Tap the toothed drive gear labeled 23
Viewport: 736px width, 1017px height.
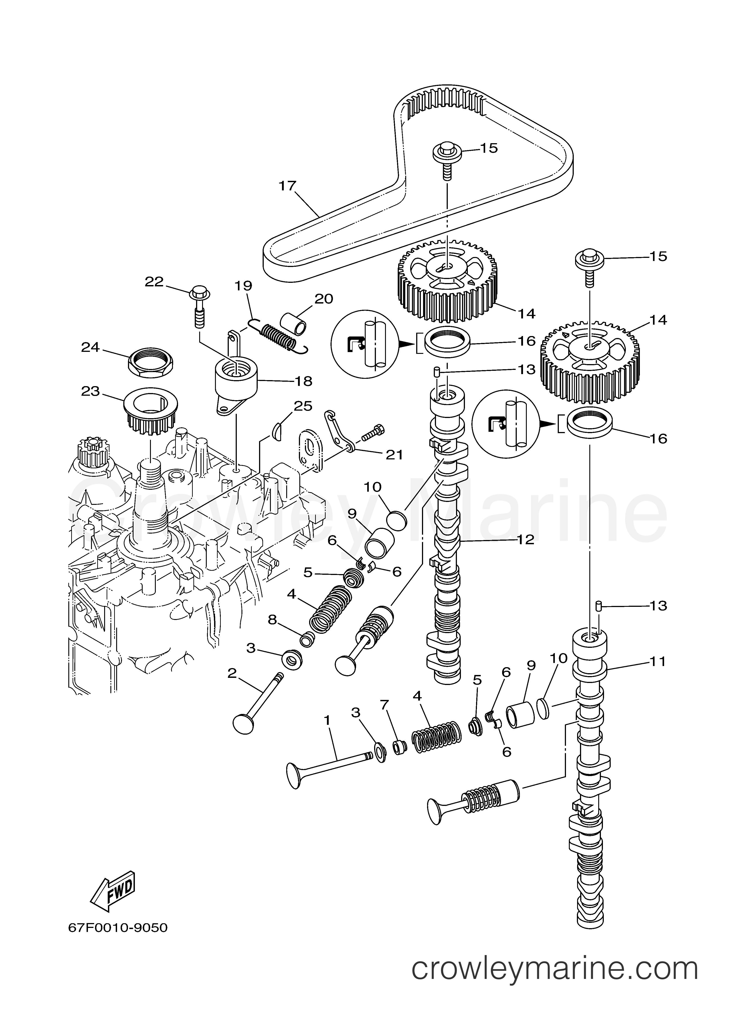click(x=151, y=408)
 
